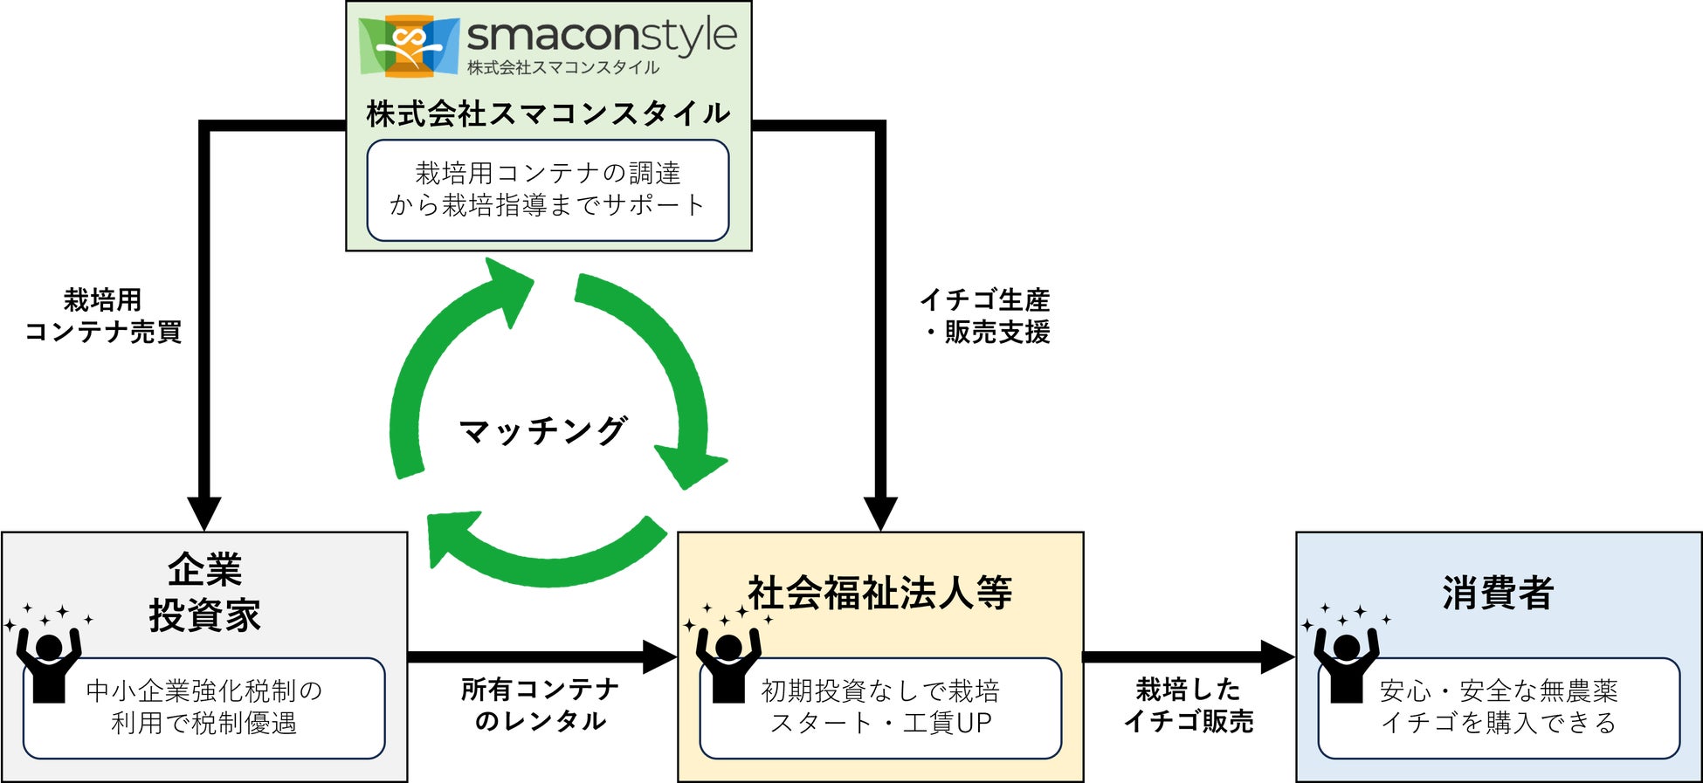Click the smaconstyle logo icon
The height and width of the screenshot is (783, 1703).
(409, 45)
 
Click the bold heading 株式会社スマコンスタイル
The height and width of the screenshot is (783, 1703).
(548, 113)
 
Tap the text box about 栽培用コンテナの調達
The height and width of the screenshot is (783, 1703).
(548, 189)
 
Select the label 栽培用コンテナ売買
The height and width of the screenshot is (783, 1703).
(103, 316)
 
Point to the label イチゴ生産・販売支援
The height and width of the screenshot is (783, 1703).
(985, 316)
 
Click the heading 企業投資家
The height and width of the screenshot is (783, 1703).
(204, 594)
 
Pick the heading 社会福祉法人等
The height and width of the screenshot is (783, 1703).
(880, 594)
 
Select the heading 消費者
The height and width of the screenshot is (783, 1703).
(1498, 594)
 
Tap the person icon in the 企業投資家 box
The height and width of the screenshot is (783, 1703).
(49, 663)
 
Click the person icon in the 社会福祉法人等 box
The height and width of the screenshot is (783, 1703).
(728, 663)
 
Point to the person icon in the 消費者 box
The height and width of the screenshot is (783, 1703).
(1346, 663)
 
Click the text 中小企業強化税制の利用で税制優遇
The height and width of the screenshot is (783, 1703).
(204, 707)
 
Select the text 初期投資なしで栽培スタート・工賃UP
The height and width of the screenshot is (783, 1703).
(880, 707)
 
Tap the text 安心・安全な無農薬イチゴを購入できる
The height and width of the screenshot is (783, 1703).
(1499, 707)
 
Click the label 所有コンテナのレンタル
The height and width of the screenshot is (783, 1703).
(541, 705)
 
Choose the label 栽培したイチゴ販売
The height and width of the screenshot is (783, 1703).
(1189, 705)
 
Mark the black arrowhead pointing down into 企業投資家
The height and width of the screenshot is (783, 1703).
(204, 513)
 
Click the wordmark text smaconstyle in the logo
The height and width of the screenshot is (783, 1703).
(602, 37)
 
